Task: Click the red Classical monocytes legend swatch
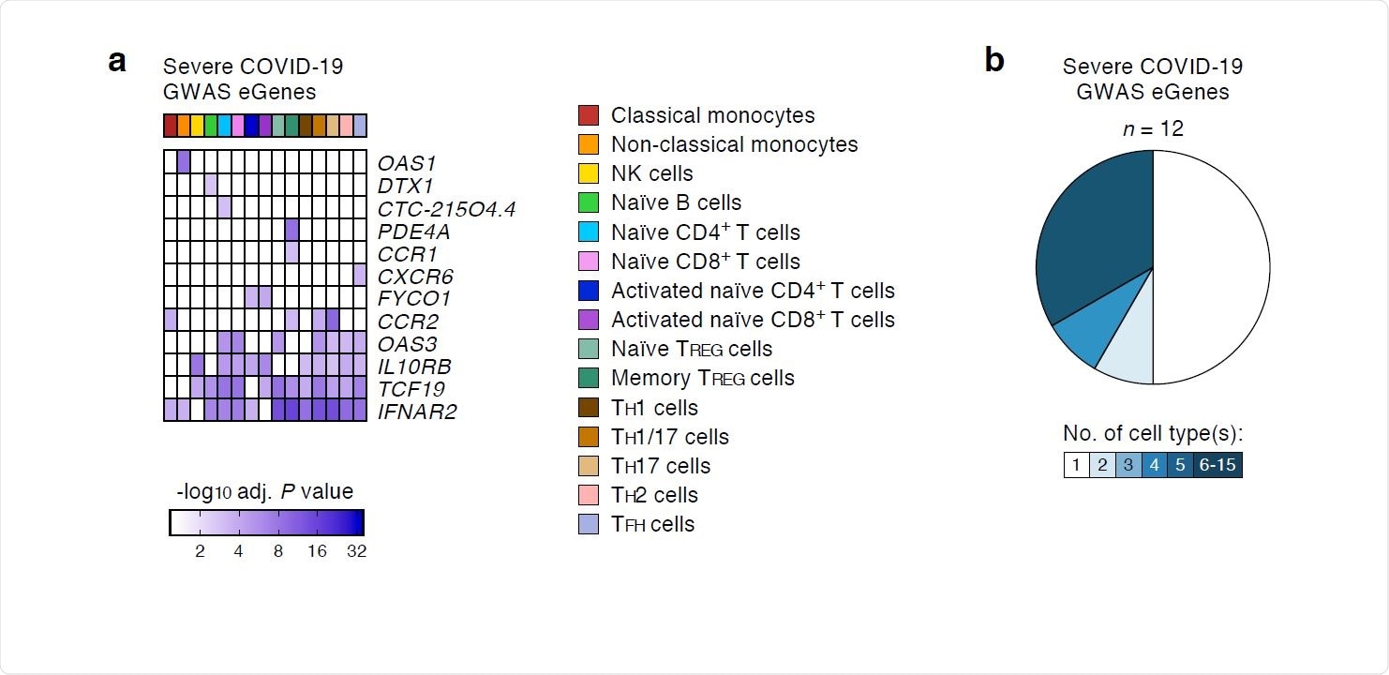click(x=589, y=115)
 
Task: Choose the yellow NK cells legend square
click(x=589, y=173)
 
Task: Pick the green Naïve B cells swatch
click(x=589, y=202)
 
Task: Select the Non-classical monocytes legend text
click(x=734, y=144)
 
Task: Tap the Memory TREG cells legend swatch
click(x=589, y=378)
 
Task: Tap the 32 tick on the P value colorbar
click(x=356, y=551)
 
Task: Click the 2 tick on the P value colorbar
click(x=200, y=551)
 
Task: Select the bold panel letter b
click(x=994, y=61)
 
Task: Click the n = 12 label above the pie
click(x=1153, y=128)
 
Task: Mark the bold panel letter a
click(x=117, y=61)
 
